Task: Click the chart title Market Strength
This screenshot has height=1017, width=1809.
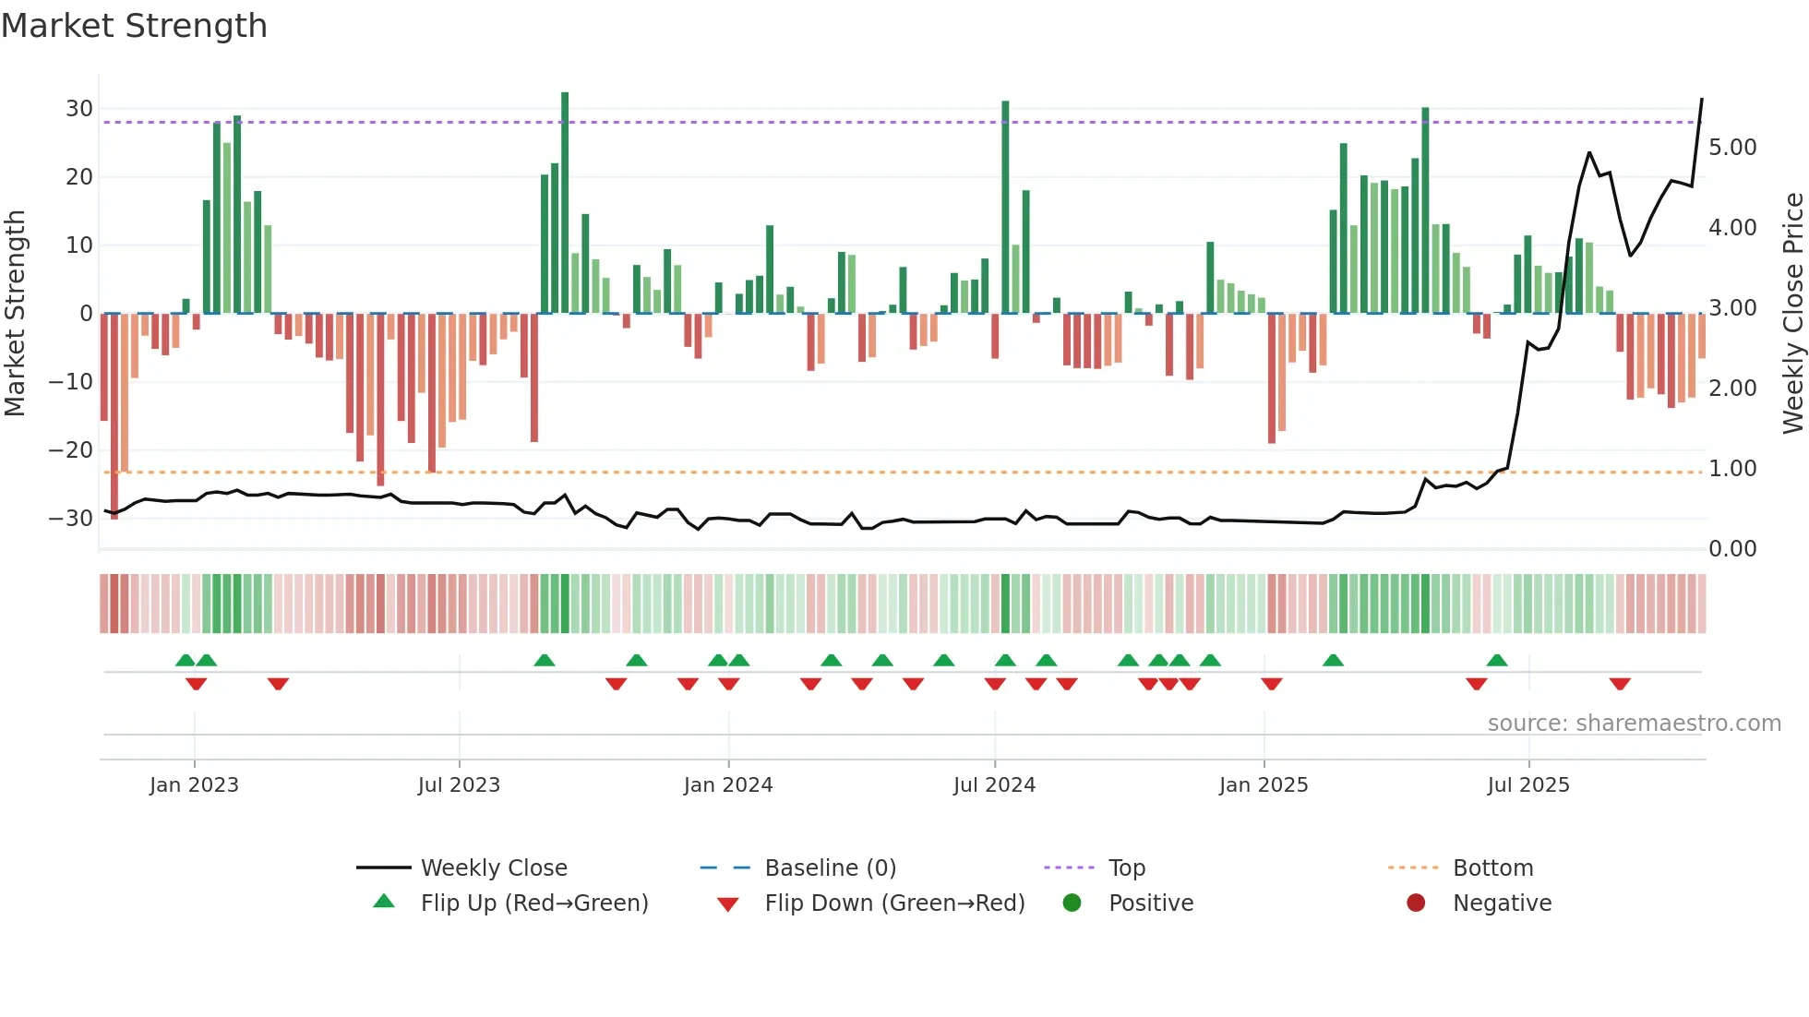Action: pos(134,26)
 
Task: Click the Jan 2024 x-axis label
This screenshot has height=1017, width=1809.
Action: pos(727,785)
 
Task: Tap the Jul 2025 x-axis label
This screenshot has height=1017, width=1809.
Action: pos(1527,785)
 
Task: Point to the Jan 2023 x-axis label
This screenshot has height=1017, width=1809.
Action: pos(194,785)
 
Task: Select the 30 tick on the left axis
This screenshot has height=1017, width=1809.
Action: pos(79,109)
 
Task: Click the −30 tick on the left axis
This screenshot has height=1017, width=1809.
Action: pos(71,519)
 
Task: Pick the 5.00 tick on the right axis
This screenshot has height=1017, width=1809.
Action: pos(1732,148)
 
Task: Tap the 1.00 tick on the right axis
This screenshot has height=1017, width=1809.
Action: pos(1732,469)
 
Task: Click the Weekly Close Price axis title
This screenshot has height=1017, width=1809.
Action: pos(1792,314)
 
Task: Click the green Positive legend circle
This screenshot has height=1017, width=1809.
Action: pos(1072,903)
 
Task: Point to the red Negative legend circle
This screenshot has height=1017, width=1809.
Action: pos(1416,903)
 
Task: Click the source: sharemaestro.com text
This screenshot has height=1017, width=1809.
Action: pos(1634,724)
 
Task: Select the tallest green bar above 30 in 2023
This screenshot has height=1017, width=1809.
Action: pos(565,203)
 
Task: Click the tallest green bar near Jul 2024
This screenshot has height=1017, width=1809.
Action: pos(1005,208)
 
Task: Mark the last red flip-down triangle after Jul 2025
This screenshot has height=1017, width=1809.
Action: pos(1620,684)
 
